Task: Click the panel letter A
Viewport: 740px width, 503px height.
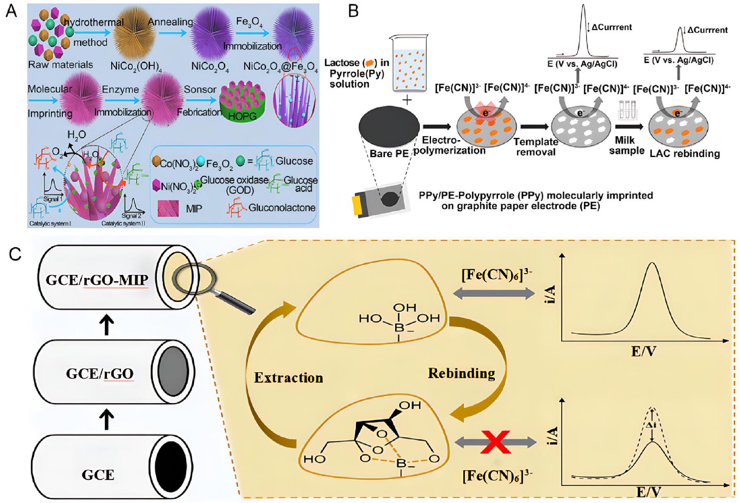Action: click(x=11, y=11)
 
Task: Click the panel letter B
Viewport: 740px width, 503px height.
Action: click(x=353, y=11)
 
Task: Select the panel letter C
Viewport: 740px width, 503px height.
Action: click(x=15, y=254)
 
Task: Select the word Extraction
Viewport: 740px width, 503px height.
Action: click(x=288, y=377)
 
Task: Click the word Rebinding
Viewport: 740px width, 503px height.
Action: click(x=461, y=373)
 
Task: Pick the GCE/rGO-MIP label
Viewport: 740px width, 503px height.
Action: click(x=97, y=280)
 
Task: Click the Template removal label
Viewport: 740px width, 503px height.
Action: click(x=536, y=147)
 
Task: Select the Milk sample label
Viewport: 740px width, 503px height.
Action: click(x=626, y=145)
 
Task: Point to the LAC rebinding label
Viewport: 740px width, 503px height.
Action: click(x=684, y=154)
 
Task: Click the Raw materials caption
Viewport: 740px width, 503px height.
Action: click(x=60, y=65)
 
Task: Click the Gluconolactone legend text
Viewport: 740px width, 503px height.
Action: click(x=282, y=207)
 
